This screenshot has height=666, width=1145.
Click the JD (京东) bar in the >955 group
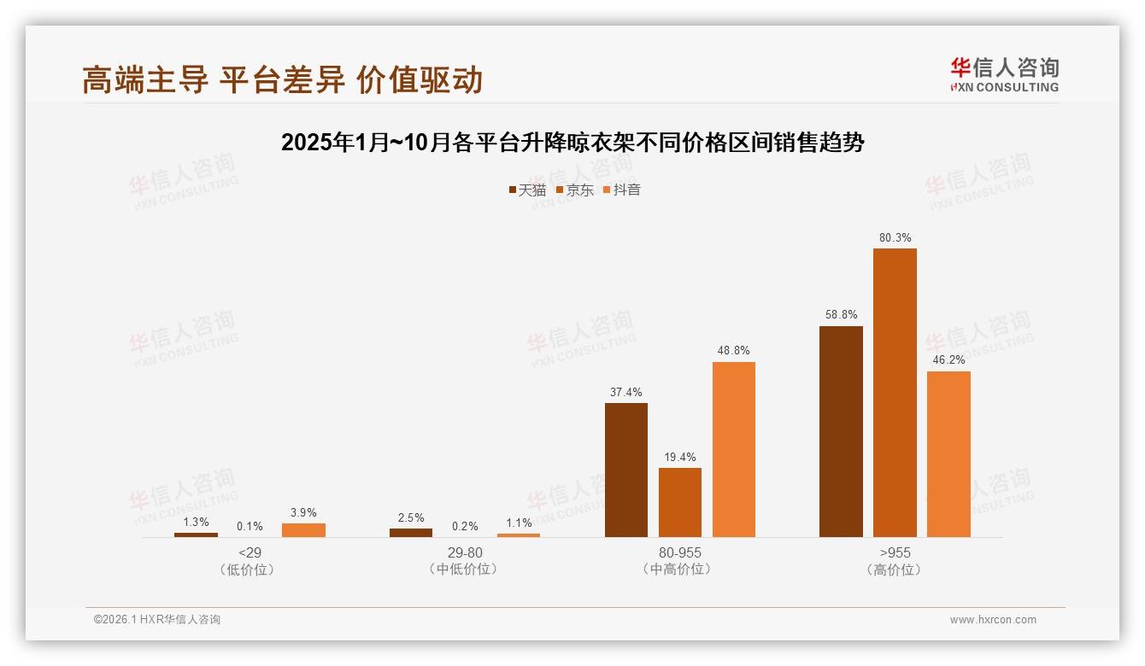895,393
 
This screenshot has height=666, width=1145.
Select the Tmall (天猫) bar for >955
841,431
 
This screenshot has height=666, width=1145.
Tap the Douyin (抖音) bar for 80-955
733,449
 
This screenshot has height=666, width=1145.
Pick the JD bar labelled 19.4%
680,502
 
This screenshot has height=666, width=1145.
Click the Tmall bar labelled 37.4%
626,470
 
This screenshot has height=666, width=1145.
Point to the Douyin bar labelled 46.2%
948,453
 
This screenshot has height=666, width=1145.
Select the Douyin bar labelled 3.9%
303,529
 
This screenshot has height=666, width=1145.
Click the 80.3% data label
895,238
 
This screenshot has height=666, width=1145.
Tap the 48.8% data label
733,351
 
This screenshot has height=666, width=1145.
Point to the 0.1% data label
250,527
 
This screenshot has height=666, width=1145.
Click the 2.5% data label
411,518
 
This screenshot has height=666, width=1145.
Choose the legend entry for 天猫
527,190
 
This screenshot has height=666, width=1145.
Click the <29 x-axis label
250,552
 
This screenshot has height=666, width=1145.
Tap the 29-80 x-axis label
465,552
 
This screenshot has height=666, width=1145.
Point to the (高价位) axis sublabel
895,570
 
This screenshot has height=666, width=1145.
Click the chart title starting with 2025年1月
572,143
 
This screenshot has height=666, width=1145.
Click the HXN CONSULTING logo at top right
1004,75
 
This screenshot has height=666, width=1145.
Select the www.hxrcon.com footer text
993,620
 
